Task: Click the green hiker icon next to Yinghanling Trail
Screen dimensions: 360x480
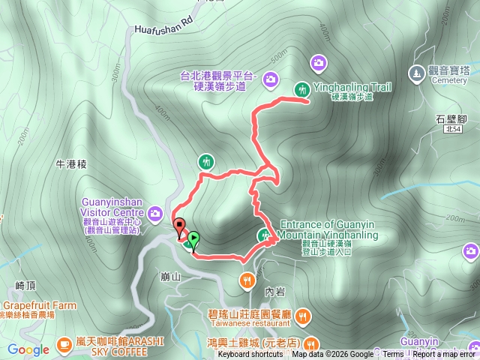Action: (x=302, y=88)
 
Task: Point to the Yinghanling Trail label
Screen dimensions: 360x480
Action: (x=352, y=88)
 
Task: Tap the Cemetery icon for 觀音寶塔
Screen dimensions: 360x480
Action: (x=416, y=73)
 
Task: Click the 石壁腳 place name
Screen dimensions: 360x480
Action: (x=451, y=118)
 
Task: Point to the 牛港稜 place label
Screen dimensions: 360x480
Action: (x=72, y=163)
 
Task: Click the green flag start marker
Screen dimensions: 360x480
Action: (x=193, y=240)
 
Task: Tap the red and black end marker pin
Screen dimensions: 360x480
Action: (x=179, y=226)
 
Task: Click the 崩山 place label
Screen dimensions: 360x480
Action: (x=172, y=276)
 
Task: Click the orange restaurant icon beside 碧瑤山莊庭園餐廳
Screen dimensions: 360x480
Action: (x=302, y=316)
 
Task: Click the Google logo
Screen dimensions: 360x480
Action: (x=28, y=349)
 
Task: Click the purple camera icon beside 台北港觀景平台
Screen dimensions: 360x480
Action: (x=270, y=76)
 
